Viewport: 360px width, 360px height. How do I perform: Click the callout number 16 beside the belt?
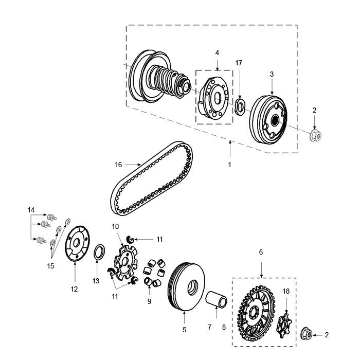point(118,165)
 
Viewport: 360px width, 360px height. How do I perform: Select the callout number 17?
point(239,63)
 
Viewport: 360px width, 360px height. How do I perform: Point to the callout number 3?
point(272,74)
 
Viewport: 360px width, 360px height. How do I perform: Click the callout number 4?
point(217,53)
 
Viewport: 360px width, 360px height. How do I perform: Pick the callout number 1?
point(229,165)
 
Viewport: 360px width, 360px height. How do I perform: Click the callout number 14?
point(31,210)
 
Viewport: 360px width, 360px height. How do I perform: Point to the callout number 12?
point(74,290)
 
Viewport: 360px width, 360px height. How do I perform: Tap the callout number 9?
point(149,301)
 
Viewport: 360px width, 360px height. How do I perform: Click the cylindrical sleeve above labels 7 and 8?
point(216,299)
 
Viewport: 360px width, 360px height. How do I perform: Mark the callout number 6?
point(261,252)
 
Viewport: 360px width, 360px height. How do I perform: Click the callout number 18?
point(286,291)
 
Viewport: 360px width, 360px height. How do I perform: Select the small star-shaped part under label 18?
point(283,323)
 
